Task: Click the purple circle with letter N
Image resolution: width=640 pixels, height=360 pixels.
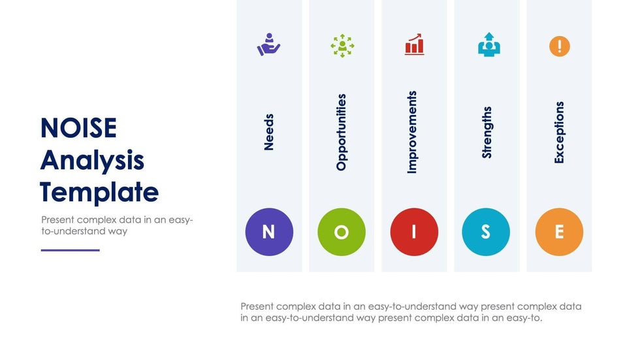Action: coord(269,232)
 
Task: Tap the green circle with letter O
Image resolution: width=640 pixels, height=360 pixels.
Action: coord(342,232)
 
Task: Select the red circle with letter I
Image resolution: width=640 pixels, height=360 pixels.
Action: coord(414,232)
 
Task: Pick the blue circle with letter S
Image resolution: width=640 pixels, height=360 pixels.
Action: coord(486,232)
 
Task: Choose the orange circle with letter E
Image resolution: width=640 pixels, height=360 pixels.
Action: coord(559,232)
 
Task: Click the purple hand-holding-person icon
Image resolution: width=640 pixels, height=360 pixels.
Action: coord(268,44)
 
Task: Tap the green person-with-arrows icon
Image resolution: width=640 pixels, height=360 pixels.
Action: coord(342,46)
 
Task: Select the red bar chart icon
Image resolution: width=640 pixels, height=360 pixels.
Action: coord(414,44)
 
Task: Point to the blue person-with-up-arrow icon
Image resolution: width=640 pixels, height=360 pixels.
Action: coord(489,44)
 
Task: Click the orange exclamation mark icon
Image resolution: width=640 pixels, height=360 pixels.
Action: coord(560,46)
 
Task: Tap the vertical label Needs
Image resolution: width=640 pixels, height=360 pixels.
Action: coord(268,132)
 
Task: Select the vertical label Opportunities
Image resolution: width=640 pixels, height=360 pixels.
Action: coord(341,132)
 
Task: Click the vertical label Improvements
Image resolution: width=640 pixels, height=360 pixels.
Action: coord(412,132)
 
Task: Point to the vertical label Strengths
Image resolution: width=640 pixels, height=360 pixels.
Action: coord(487,132)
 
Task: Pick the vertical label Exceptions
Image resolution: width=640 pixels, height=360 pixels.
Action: coord(559,132)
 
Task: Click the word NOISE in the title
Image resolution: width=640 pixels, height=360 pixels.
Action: coord(79,128)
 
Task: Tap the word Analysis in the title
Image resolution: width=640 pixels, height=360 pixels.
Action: coord(92,161)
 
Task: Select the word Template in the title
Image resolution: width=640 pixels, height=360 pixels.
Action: coord(99,192)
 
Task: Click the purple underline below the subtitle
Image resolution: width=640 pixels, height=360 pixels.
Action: coord(71,250)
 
